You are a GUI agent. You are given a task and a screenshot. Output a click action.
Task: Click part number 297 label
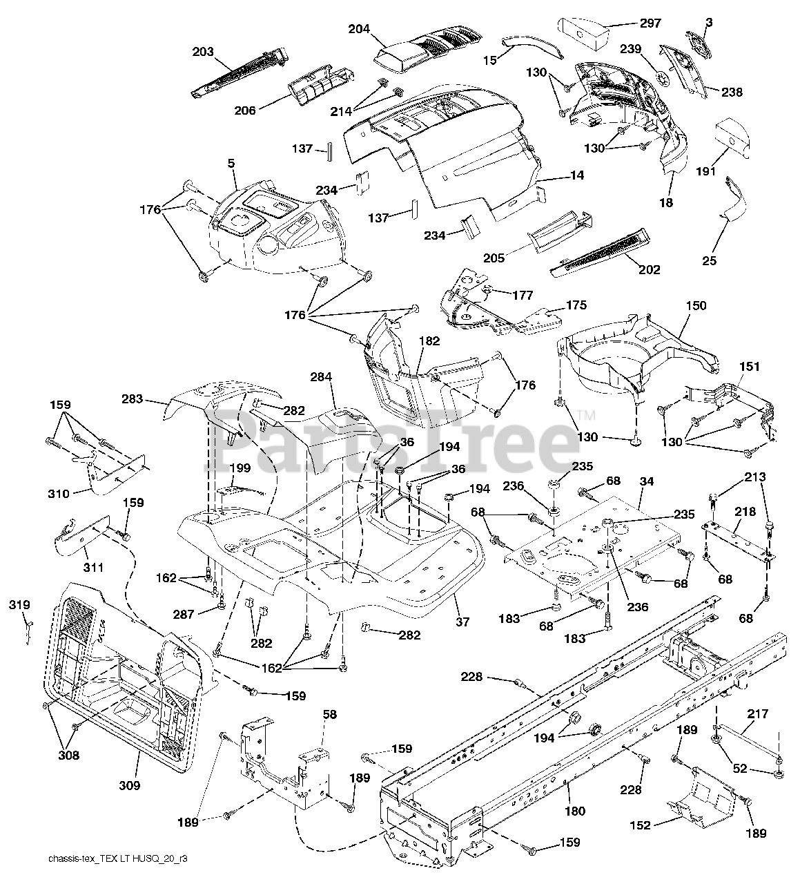[x=650, y=23]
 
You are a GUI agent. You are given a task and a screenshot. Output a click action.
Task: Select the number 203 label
[x=203, y=51]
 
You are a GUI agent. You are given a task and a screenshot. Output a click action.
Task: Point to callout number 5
[x=231, y=163]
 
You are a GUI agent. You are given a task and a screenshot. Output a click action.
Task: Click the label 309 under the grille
[x=130, y=785]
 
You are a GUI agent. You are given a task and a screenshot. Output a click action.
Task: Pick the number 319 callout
[x=19, y=605]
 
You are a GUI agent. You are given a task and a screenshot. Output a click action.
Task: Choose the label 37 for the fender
[x=462, y=622]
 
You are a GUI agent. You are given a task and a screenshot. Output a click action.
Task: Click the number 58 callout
[x=330, y=715]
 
